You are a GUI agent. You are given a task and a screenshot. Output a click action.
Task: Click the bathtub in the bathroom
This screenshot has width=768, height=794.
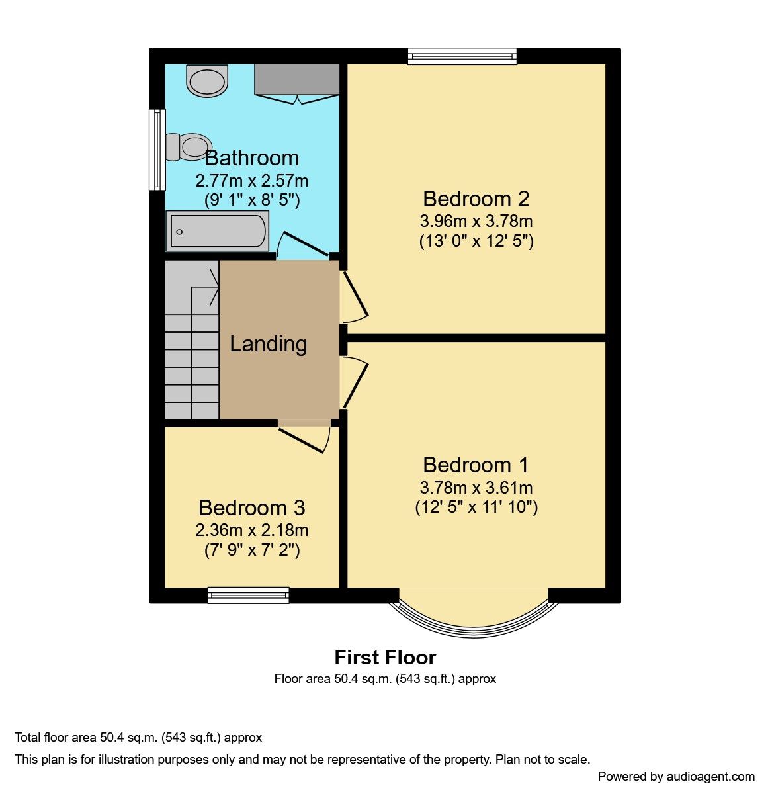point(218,231)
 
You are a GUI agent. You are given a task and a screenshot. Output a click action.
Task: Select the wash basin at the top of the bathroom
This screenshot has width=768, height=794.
point(207,81)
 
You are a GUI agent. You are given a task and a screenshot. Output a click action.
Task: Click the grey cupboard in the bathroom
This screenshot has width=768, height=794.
point(297,79)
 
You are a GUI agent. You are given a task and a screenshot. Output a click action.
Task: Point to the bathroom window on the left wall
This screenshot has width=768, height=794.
point(157,149)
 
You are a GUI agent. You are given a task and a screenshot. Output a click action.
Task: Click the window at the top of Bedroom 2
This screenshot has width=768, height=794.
point(462,56)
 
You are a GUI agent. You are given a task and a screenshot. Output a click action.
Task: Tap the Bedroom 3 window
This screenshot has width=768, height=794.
point(248,595)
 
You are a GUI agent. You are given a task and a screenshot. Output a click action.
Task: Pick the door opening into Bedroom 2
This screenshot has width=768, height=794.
point(355,296)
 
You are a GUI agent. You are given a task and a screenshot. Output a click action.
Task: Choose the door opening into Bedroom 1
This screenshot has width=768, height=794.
point(355,382)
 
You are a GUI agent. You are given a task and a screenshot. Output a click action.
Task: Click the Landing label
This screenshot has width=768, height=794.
point(268,344)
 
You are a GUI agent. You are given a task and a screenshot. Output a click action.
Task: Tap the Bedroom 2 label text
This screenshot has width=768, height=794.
point(476,199)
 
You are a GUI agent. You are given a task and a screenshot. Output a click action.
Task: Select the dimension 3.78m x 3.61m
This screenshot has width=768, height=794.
point(476,488)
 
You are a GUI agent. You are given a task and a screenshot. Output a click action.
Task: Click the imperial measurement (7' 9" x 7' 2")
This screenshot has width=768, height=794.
point(252,550)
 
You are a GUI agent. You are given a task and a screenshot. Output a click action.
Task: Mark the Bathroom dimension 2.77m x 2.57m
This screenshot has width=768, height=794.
point(252,181)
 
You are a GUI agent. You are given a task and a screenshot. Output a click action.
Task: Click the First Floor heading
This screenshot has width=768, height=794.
point(385,658)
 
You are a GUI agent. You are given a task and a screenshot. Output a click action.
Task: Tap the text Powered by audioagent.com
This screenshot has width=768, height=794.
point(675,777)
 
